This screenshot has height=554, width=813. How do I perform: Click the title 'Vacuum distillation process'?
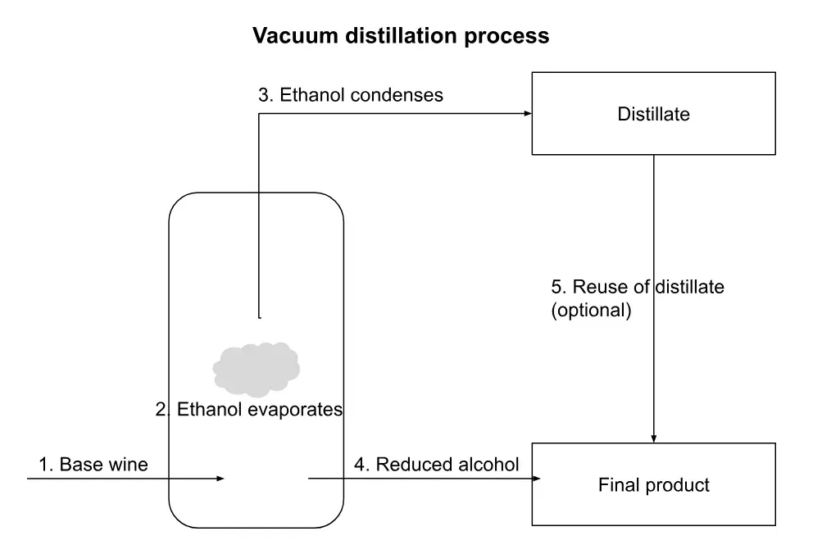(400, 36)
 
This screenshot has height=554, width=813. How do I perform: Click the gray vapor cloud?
(256, 366)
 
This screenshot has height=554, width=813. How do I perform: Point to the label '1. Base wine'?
(93, 465)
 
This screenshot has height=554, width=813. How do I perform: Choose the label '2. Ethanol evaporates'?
(249, 409)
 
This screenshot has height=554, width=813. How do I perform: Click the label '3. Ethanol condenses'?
(351, 95)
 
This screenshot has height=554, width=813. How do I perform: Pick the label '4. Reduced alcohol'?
(437, 465)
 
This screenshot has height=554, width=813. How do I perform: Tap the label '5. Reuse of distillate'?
(638, 287)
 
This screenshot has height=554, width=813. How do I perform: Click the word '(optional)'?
(591, 311)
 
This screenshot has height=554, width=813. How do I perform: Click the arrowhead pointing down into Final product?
(653, 438)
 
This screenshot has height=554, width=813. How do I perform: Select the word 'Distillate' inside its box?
(653, 114)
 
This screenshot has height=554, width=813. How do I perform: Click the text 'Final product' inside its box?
(653, 485)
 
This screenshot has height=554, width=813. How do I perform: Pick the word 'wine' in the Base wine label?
(129, 465)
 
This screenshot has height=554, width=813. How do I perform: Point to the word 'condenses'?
(402, 95)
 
